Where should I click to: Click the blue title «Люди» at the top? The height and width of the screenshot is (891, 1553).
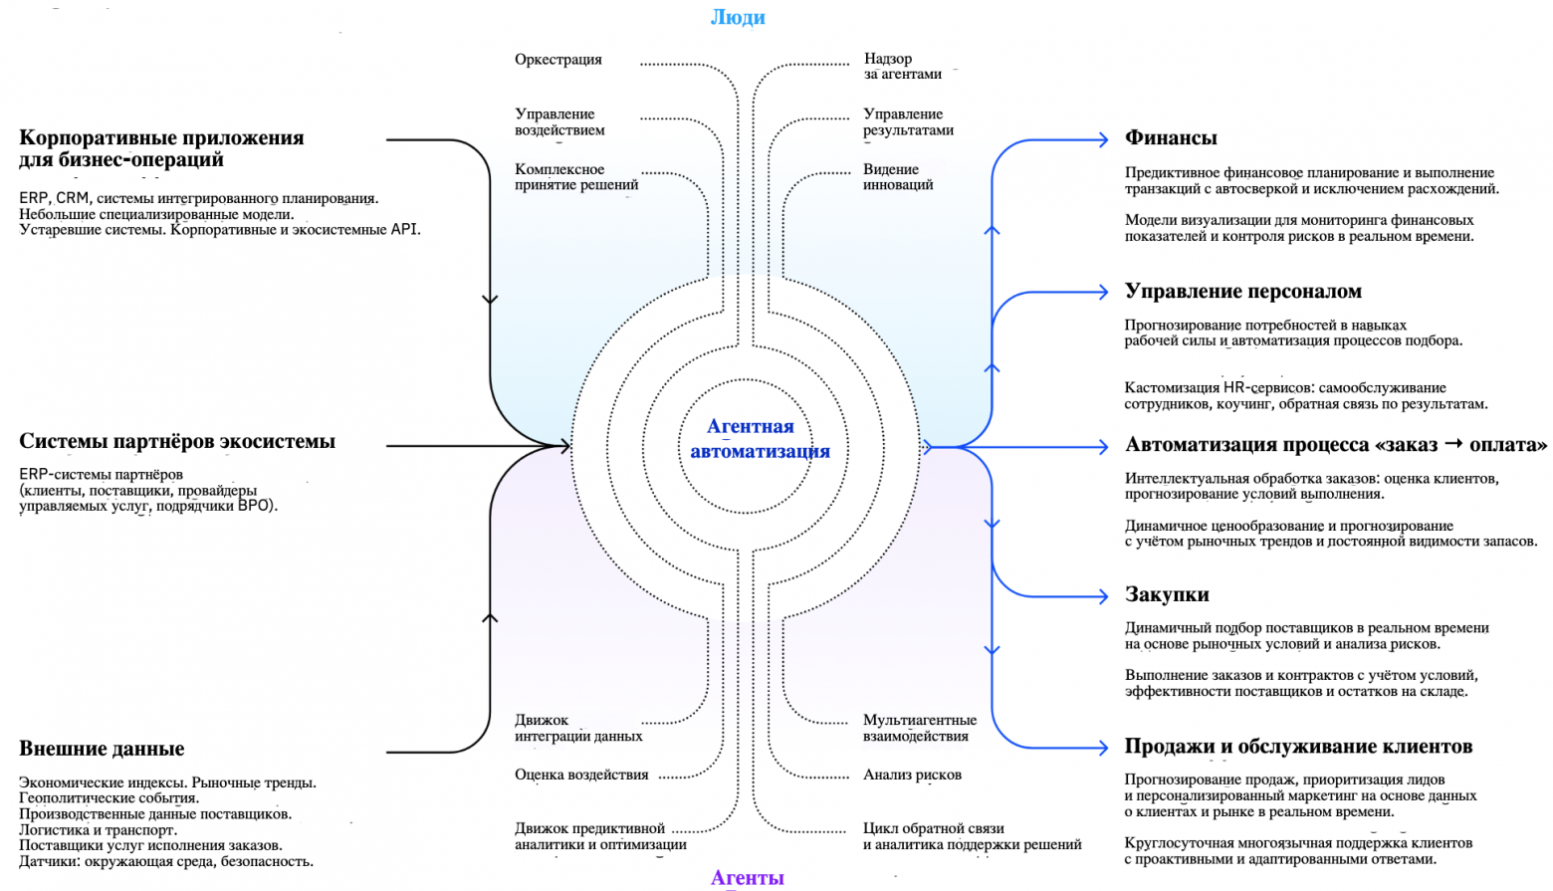(x=738, y=17)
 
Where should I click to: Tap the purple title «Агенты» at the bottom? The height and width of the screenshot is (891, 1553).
(x=747, y=877)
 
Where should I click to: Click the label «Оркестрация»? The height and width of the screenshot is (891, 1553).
(x=557, y=60)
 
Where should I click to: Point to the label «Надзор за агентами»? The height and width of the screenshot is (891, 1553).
(x=902, y=67)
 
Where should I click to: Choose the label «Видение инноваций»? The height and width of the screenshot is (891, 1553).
(x=897, y=177)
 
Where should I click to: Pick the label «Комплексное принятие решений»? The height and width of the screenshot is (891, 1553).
(x=575, y=177)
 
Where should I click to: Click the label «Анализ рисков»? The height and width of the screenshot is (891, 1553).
(x=912, y=775)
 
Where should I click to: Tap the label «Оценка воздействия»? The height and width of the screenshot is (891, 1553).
(x=581, y=775)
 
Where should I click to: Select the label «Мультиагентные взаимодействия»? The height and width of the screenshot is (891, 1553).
(x=919, y=728)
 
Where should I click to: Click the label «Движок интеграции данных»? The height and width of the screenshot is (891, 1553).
(x=577, y=728)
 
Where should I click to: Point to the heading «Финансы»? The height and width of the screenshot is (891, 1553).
(x=1171, y=138)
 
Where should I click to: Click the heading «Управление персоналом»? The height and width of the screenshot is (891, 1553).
(x=1242, y=292)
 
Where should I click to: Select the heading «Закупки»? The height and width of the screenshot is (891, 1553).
(x=1167, y=595)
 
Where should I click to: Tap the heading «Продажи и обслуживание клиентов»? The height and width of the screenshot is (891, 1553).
(x=1298, y=747)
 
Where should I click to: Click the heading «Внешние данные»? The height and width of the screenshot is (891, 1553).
(x=102, y=749)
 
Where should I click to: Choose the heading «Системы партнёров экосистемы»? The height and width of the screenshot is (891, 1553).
(x=177, y=442)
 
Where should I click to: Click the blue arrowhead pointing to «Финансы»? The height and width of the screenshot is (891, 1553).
(x=1102, y=140)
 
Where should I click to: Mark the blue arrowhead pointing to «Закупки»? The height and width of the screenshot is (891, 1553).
(x=1102, y=596)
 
